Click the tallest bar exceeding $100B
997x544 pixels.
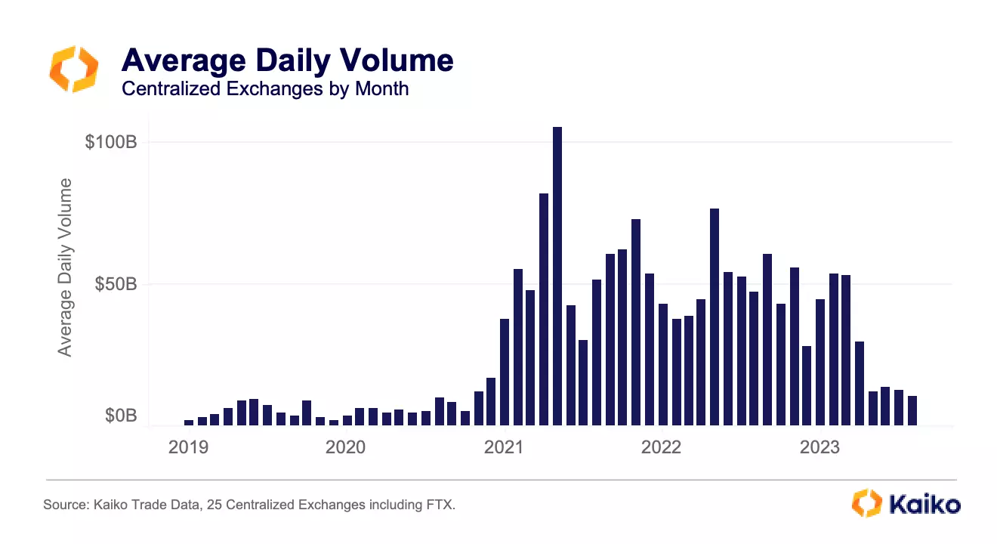[557, 276]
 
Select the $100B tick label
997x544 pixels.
[110, 142]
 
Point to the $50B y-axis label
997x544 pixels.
[114, 284]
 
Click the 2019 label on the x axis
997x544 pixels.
[188, 447]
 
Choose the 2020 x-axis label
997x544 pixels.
[345, 447]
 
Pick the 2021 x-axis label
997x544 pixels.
[503, 447]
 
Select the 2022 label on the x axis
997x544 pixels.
[661, 447]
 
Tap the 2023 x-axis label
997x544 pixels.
[819, 447]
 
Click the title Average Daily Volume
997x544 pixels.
[287, 60]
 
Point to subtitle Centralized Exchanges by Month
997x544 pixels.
[264, 88]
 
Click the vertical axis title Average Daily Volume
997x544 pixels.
[66, 267]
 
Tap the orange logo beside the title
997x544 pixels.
[73, 69]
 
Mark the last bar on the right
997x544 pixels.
[912, 410]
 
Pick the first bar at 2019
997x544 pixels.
[189, 423]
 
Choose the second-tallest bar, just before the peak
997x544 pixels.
[544, 310]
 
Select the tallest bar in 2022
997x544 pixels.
[715, 317]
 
